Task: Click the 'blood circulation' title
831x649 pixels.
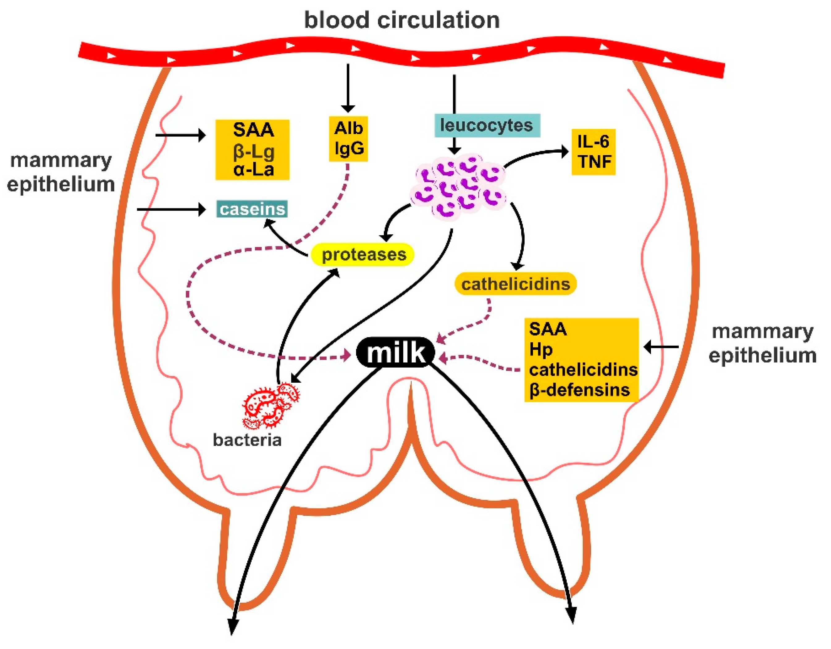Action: tap(402, 20)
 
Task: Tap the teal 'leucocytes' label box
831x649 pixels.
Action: tap(487, 125)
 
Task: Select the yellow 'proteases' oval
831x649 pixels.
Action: tap(363, 254)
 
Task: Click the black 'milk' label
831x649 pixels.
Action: tap(395, 352)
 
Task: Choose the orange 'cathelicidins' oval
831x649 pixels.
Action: tap(516, 284)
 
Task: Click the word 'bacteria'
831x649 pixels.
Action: tap(247, 440)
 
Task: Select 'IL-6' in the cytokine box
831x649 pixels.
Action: tap(593, 141)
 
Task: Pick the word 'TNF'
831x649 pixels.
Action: tap(595, 161)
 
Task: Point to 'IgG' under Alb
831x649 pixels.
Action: tap(349, 148)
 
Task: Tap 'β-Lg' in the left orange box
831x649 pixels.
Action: tap(254, 151)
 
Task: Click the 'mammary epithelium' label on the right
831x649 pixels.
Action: tap(762, 343)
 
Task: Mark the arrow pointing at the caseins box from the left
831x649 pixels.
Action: tap(171, 209)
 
